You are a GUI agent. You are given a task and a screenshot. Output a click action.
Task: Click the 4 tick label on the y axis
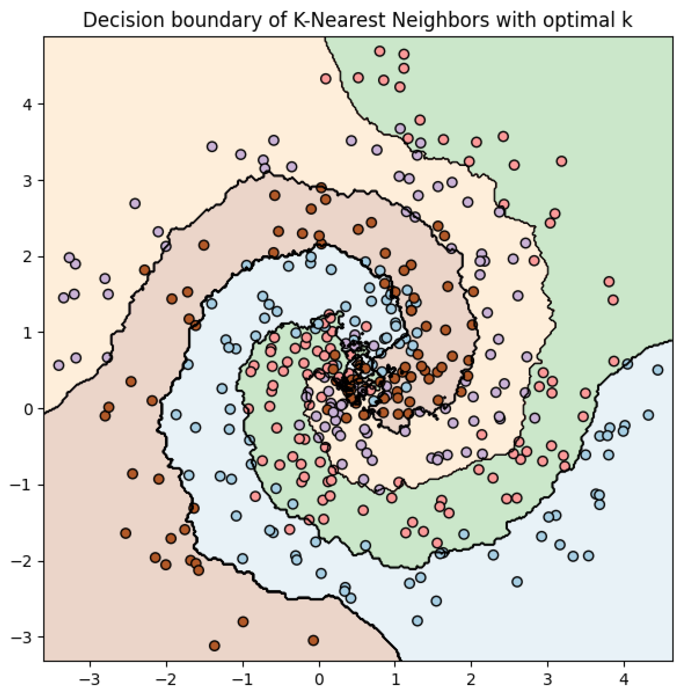click(x=28, y=104)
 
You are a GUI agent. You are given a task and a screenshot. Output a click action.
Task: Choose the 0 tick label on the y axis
click(x=28, y=409)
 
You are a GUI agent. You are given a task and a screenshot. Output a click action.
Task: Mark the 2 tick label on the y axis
click(x=28, y=257)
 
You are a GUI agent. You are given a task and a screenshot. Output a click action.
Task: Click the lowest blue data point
click(x=417, y=621)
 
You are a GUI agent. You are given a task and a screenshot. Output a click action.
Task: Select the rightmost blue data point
click(x=658, y=370)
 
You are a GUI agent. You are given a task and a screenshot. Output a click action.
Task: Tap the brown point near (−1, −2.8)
click(x=243, y=622)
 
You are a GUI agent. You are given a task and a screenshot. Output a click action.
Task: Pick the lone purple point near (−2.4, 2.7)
click(x=135, y=204)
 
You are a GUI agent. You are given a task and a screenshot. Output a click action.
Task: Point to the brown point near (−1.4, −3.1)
click(x=214, y=646)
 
